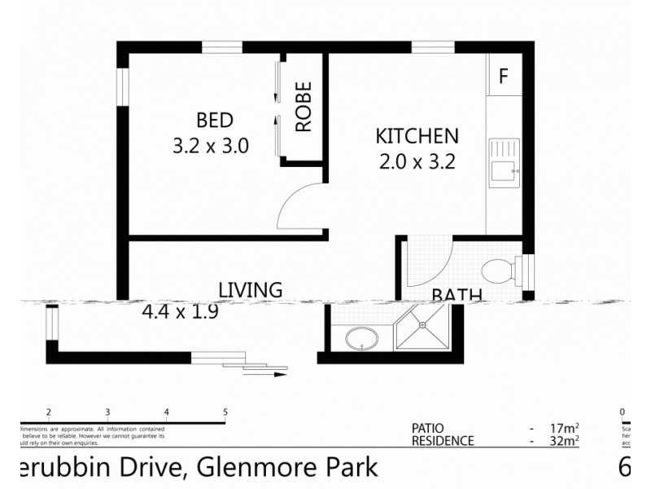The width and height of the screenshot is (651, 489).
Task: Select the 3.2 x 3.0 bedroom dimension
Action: coord(210,147)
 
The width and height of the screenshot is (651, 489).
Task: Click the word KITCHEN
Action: coord(417,135)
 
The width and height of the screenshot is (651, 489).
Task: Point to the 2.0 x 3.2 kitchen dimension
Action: coord(417,161)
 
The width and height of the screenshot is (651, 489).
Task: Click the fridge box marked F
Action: coord(503,77)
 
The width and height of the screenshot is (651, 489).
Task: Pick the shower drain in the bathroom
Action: coord(422,324)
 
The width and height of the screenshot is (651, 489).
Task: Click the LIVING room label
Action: coord(250,289)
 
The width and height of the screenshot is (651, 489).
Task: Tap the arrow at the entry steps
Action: coord(277,376)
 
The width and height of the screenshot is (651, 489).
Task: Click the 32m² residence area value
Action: coord(563,442)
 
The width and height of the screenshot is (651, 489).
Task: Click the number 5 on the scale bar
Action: coord(225,412)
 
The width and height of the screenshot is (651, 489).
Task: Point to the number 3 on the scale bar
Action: coord(108,412)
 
